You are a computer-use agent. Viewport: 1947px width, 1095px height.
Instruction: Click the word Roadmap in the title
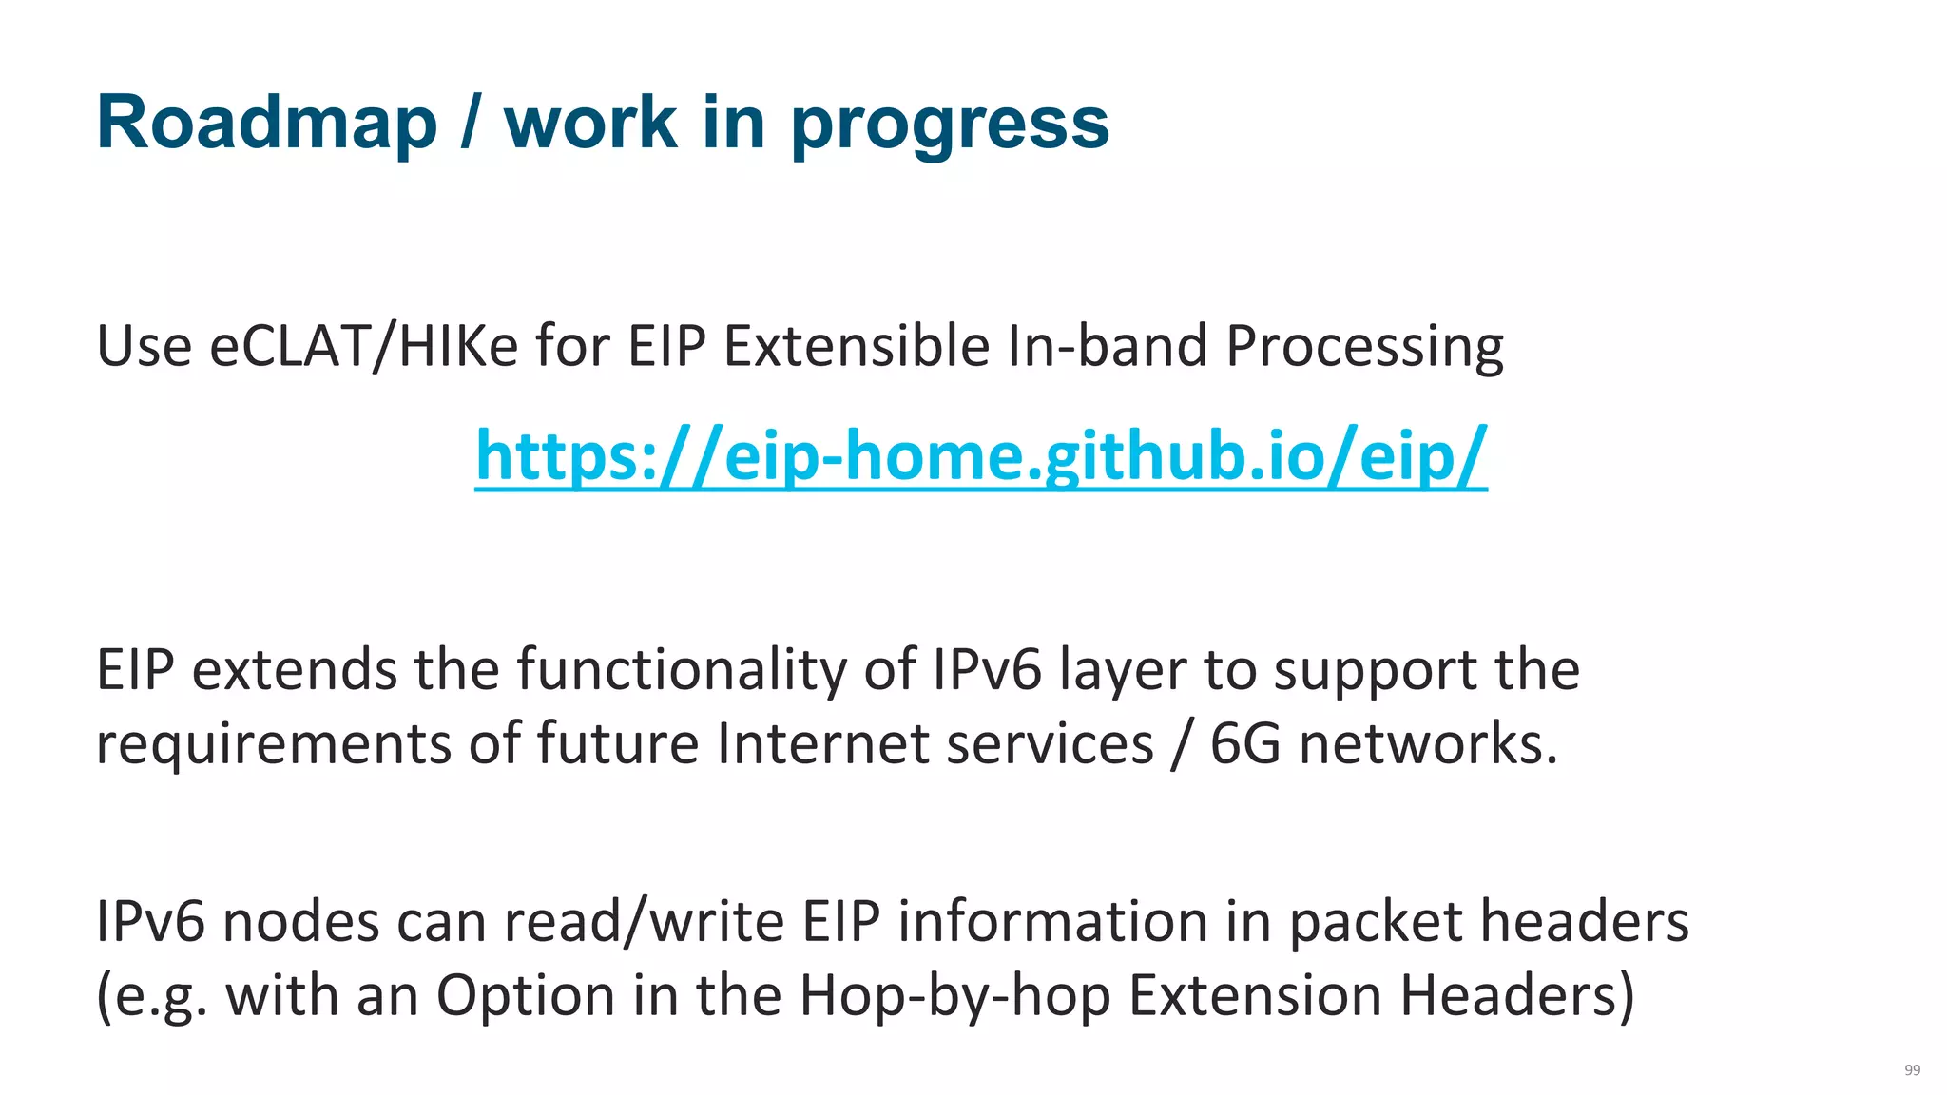267,123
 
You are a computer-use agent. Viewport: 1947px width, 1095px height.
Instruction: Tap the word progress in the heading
950,125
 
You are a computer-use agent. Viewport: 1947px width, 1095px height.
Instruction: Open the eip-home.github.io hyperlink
981,455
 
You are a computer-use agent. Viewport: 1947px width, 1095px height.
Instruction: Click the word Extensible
857,345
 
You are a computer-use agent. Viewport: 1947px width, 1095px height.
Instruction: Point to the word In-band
1107,345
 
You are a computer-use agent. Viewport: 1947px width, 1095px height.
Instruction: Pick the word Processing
1364,347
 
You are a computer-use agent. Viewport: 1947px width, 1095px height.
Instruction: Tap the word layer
1123,670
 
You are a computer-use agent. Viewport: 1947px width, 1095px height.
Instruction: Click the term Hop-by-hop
954,995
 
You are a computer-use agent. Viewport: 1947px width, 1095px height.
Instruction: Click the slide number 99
1912,1070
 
